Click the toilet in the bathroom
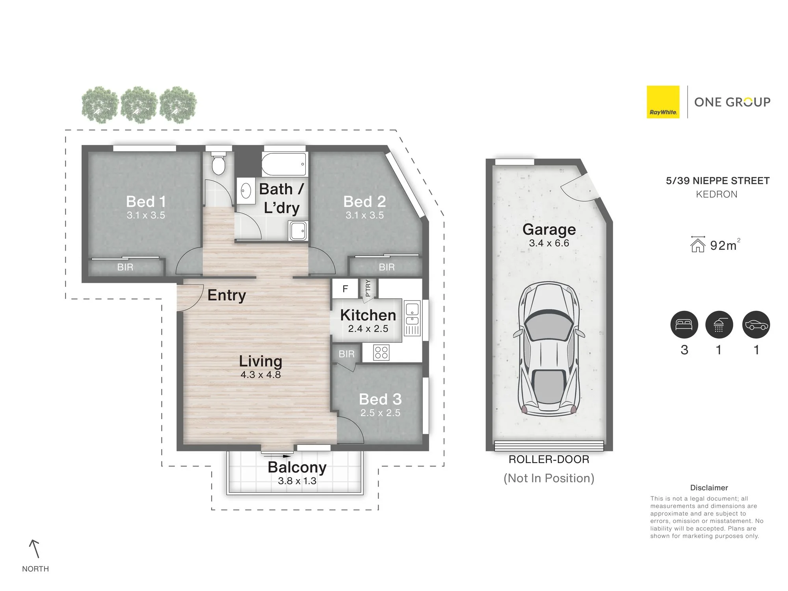coord(219,163)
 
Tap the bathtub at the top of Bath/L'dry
coord(284,164)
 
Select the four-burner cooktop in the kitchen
coord(381,352)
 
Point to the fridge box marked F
coord(345,289)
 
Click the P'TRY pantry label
coord(368,288)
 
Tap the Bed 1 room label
coord(146,201)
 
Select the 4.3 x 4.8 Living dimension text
coord(260,375)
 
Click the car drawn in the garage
coord(549,349)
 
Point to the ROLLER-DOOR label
coord(549,459)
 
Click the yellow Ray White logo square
coord(663,102)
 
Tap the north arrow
coord(35,549)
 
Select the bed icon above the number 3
coord(684,325)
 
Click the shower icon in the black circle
coord(719,325)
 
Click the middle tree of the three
coord(139,105)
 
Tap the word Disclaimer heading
coord(709,488)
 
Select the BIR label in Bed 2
coord(387,267)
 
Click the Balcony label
coord(297,467)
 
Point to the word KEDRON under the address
coord(717,194)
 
